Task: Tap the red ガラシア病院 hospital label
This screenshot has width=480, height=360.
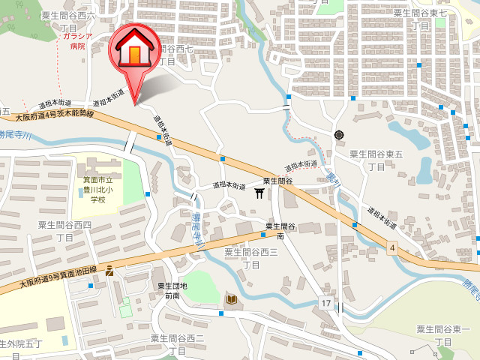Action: tap(77, 40)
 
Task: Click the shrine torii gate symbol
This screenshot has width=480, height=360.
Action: tap(259, 193)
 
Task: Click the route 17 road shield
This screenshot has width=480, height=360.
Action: tap(325, 303)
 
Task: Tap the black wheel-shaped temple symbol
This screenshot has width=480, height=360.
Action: tap(339, 135)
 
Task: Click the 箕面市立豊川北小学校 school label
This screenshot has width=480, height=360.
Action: tap(98, 190)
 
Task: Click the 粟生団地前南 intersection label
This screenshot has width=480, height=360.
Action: tap(172, 290)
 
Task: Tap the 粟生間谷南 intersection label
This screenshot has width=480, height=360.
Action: tap(280, 231)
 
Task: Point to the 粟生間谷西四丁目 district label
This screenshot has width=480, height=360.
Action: tap(65, 231)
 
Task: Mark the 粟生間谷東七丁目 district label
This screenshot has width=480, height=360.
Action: tap(421, 19)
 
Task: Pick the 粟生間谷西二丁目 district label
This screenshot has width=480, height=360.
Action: tap(178, 345)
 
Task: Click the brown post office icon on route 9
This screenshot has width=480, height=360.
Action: tap(110, 270)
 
